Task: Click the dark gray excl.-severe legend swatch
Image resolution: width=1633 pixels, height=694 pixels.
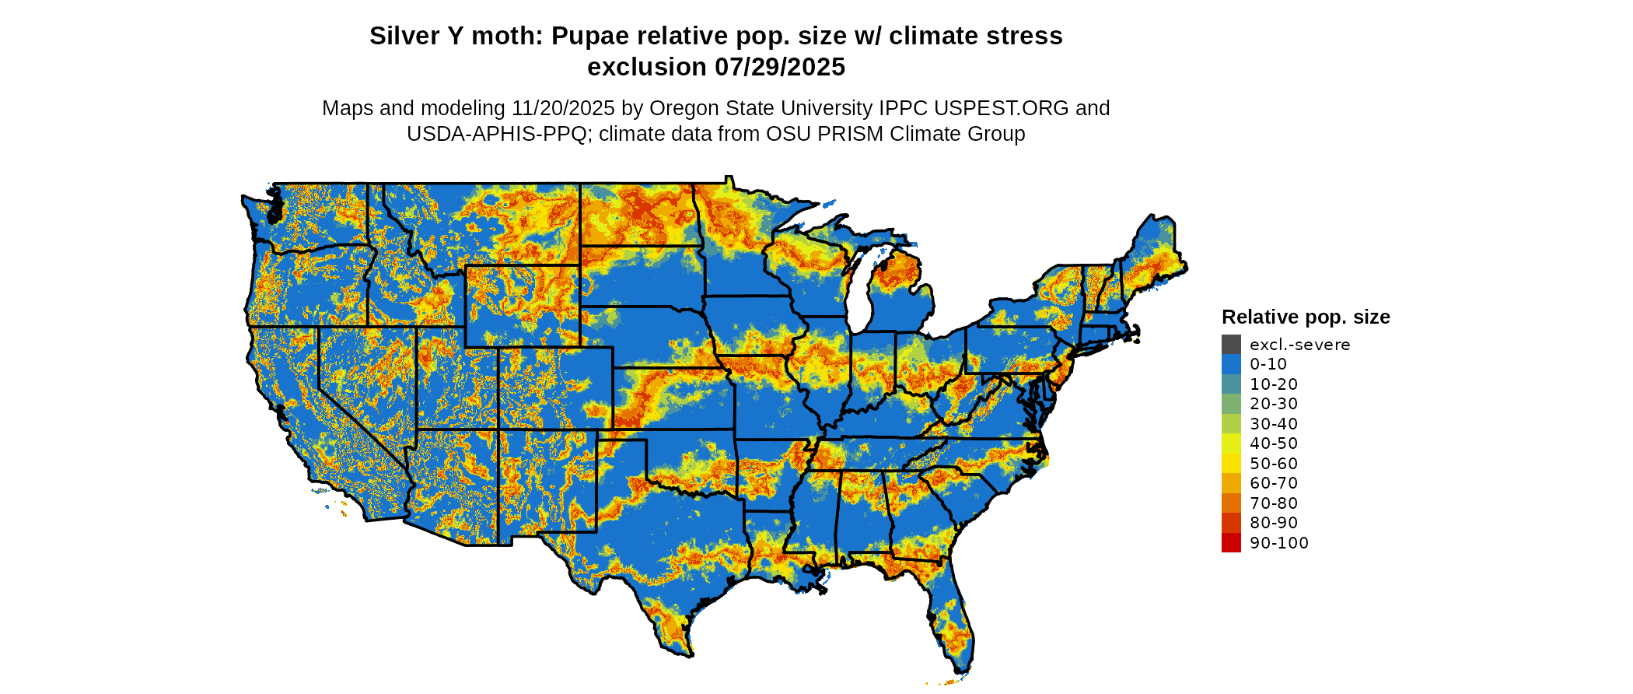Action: (x=1231, y=345)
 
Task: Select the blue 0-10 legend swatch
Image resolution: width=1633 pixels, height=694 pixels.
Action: (x=1231, y=364)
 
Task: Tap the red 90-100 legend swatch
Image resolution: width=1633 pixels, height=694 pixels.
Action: (x=1231, y=543)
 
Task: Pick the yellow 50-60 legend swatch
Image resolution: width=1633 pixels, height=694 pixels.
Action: (x=1231, y=464)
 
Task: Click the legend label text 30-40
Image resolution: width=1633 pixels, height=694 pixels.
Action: (x=1274, y=424)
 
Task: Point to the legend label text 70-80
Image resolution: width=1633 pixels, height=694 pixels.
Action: (x=1274, y=503)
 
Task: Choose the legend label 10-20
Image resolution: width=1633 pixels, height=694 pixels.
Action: (x=1274, y=384)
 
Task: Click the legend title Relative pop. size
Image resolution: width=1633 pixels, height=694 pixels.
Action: (x=1306, y=317)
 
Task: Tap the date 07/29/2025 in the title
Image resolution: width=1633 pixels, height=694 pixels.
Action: (x=780, y=68)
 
